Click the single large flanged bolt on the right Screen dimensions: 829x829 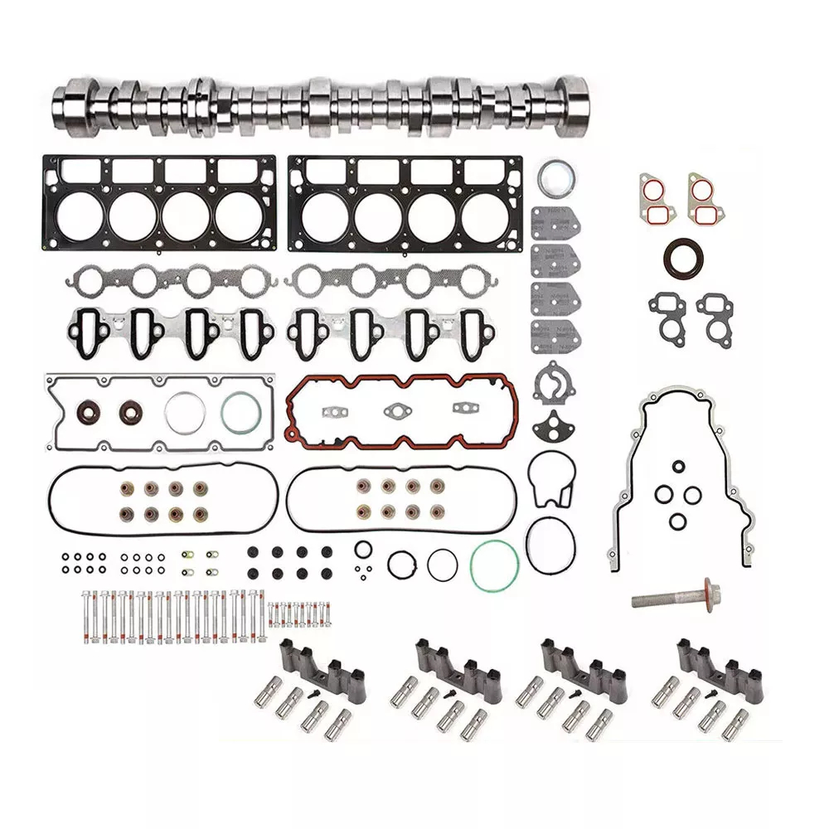673,597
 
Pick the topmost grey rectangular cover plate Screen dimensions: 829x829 555,223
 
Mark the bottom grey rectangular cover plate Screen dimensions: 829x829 555,337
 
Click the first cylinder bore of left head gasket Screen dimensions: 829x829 80,215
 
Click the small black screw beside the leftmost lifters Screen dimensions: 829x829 316,689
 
